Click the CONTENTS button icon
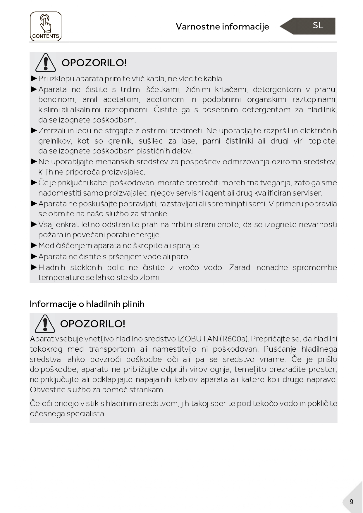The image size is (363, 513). click(x=46, y=26)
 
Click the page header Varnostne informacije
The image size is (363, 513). click(x=222, y=27)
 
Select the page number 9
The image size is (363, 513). click(x=351, y=502)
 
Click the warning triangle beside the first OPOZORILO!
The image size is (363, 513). click(x=46, y=63)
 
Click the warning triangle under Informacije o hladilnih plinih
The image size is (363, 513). click(x=45, y=324)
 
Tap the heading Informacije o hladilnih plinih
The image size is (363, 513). click(x=87, y=304)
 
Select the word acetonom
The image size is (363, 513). click(x=165, y=99)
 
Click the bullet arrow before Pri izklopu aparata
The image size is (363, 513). click(x=34, y=78)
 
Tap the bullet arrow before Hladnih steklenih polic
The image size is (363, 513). click(x=34, y=267)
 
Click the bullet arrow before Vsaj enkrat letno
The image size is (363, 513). click(x=34, y=224)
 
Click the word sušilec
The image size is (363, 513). click(x=151, y=141)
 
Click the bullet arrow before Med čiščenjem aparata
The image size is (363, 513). click(x=34, y=245)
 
